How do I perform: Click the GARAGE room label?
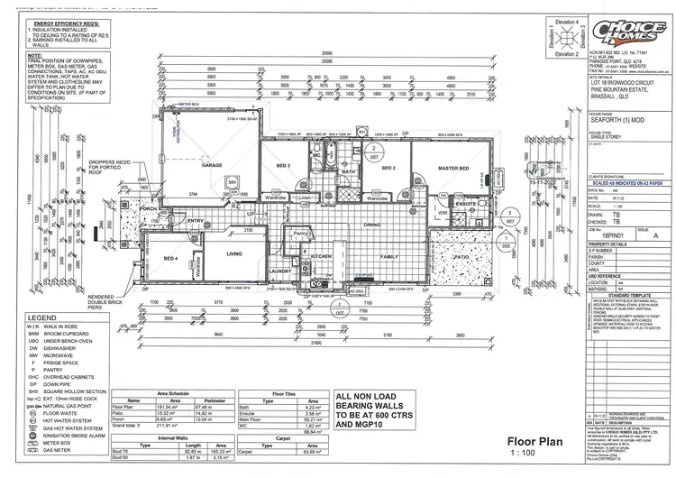[211, 166]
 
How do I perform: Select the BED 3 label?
[284, 166]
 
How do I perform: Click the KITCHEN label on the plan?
[323, 256]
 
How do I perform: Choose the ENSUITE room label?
[441, 204]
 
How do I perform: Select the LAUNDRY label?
[279, 270]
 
